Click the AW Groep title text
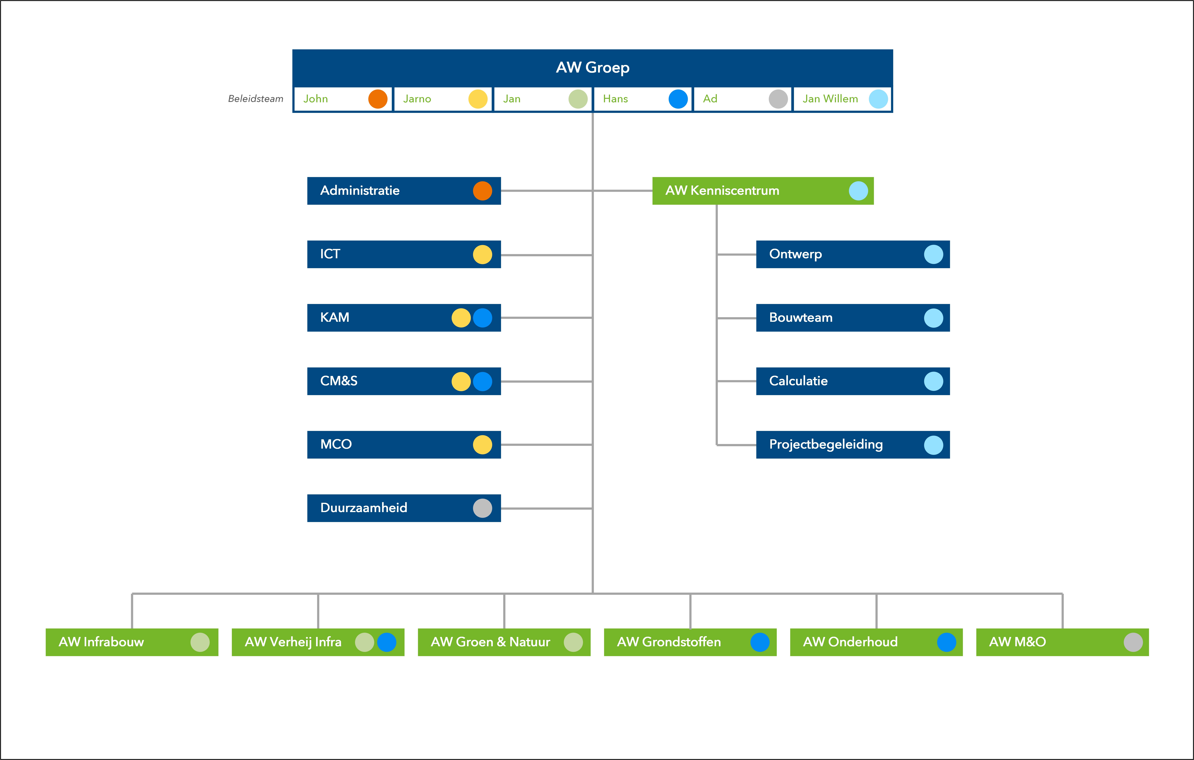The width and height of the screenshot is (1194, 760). pyautogui.click(x=593, y=67)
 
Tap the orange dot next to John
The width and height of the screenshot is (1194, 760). pyautogui.click(x=378, y=99)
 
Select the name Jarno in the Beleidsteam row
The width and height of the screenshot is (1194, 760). pyautogui.click(x=417, y=99)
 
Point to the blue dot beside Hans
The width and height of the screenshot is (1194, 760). pyautogui.click(x=678, y=99)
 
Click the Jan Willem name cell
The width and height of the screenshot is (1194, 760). pyautogui.click(x=842, y=99)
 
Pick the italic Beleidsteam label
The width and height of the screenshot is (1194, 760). pyautogui.click(x=255, y=99)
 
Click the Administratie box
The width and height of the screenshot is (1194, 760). pyautogui.click(x=404, y=191)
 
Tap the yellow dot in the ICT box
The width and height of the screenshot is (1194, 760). pyautogui.click(x=482, y=254)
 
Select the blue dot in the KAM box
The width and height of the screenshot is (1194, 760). pyautogui.click(x=482, y=318)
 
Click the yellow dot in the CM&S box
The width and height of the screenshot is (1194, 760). pyautogui.click(x=461, y=381)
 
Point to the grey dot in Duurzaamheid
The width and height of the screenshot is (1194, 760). pyautogui.click(x=482, y=508)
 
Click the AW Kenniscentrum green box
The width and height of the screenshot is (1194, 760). pyautogui.click(x=763, y=191)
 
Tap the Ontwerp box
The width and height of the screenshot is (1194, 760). pyautogui.click(x=853, y=254)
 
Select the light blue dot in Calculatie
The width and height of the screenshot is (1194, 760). pyautogui.click(x=934, y=381)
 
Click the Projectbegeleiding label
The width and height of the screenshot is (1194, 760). pyautogui.click(x=826, y=444)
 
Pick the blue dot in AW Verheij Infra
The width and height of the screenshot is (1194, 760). pyautogui.click(x=387, y=642)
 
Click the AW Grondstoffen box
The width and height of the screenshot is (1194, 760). pyautogui.click(x=690, y=642)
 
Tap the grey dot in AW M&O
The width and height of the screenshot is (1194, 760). pyautogui.click(x=1133, y=642)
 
